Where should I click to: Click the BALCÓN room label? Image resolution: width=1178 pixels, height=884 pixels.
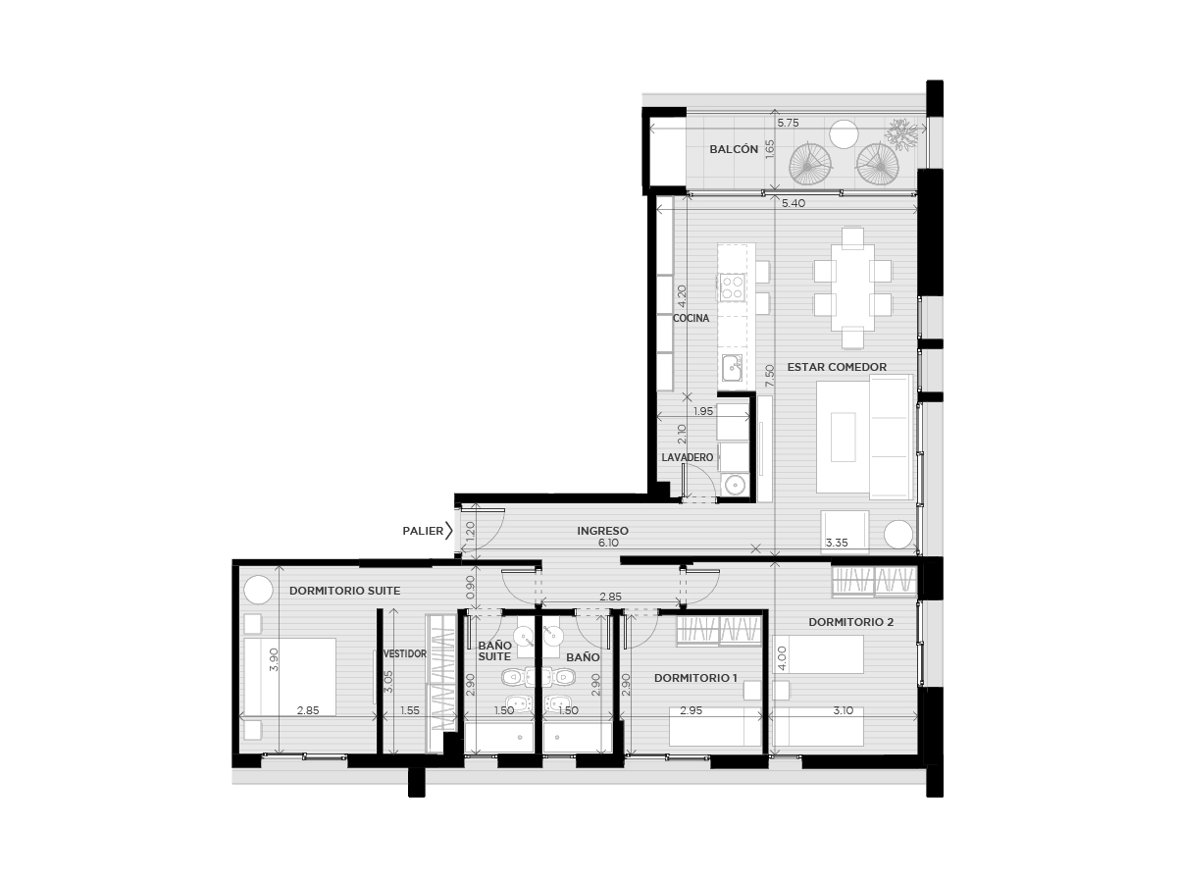pos(733,149)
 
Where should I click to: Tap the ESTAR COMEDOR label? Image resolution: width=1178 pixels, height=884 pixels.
pos(836,367)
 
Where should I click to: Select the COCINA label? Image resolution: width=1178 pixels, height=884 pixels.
pos(691,318)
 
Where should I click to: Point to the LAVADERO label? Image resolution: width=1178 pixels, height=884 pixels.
pos(687,457)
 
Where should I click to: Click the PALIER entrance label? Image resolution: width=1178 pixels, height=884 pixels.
pos(423,531)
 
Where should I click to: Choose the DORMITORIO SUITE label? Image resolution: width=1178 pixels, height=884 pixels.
pos(344,591)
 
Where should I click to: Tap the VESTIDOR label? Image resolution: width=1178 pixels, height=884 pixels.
pos(405,653)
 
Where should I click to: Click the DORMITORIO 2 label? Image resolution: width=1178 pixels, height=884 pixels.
pos(850,622)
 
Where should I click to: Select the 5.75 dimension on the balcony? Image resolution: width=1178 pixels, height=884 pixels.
pos(788,123)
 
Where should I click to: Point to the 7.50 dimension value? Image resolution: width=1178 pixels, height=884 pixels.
pos(770,376)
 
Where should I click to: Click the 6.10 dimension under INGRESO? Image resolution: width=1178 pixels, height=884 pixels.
pos(608,543)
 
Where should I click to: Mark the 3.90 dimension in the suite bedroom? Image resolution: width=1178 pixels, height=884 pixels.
pos(274,659)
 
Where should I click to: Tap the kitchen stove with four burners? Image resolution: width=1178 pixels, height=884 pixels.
pos(732,286)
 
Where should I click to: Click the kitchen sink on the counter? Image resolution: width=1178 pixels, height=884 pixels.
pos(732,368)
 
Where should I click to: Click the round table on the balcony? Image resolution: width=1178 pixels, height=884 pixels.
pos(844,133)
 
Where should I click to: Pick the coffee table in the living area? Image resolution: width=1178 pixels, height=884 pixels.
pos(843,437)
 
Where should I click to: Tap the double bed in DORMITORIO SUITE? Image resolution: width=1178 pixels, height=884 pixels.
pos(290,677)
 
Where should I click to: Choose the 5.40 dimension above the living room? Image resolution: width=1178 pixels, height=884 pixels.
pos(794,203)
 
